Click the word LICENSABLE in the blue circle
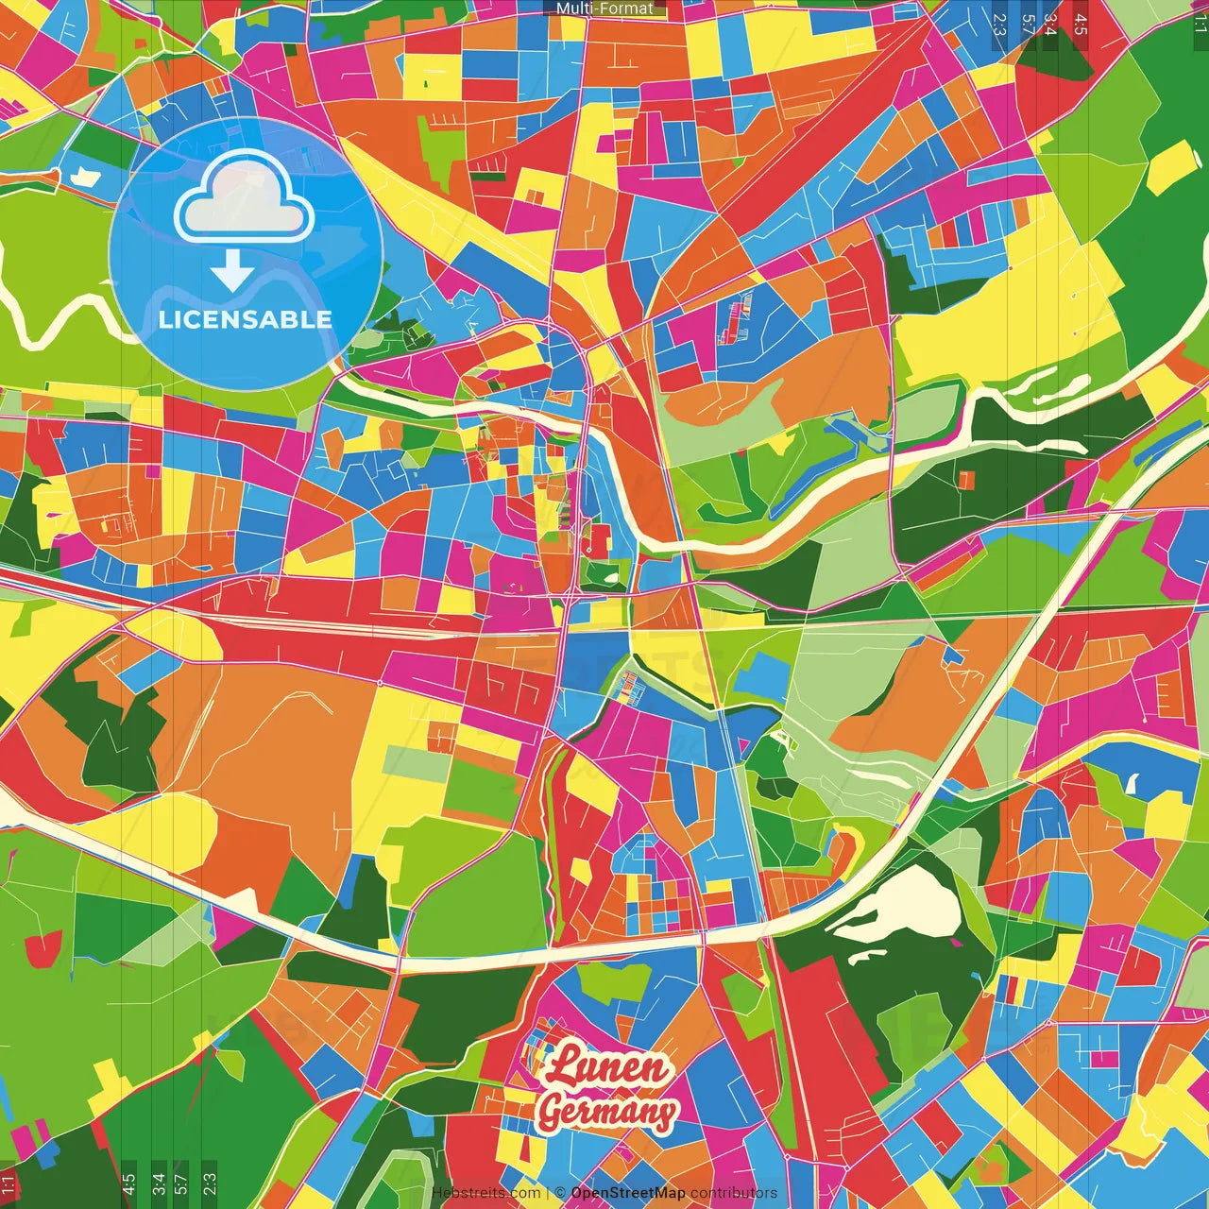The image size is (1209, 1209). [245, 319]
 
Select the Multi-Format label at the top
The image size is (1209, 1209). [604, 9]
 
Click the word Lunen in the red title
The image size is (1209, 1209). [605, 1067]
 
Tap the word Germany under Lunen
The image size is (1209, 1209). [607, 1112]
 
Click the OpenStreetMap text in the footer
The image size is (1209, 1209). [627, 1193]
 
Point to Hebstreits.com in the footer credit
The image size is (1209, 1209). [485, 1193]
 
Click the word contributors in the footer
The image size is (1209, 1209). [733, 1193]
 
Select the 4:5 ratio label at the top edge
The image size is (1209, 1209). [1081, 25]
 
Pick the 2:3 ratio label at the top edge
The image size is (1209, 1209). [999, 25]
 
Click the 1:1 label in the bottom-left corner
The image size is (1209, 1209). [9, 1184]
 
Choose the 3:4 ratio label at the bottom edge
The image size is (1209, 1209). [158, 1183]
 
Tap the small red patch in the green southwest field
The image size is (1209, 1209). [42, 947]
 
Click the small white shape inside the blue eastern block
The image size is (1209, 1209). [1133, 783]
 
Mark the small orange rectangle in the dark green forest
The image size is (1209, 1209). [966, 481]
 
